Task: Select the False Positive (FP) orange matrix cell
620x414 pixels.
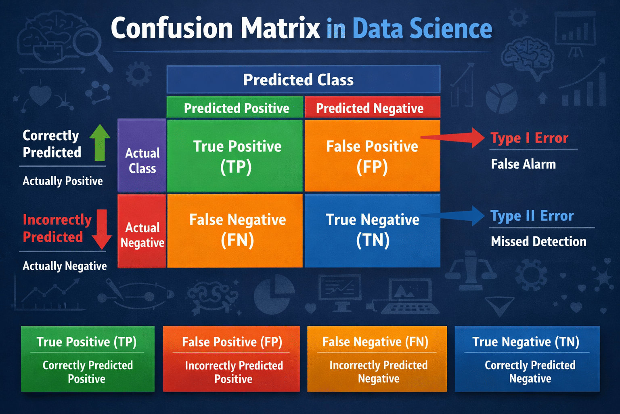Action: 372,156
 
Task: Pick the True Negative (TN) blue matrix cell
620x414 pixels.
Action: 372,230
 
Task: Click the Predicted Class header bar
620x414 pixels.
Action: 303,80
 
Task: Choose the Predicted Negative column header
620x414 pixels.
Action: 372,108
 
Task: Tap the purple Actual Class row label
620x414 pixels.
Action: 142,156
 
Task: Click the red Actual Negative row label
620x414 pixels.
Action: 142,231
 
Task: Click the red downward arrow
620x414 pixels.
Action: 102,229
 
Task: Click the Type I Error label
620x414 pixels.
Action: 529,138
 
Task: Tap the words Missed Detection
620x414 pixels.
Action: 538,241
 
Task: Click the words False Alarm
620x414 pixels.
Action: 523,164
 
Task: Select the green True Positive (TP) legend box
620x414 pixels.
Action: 88,359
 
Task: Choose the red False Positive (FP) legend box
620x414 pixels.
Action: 231,359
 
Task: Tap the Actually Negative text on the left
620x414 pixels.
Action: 65,266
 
